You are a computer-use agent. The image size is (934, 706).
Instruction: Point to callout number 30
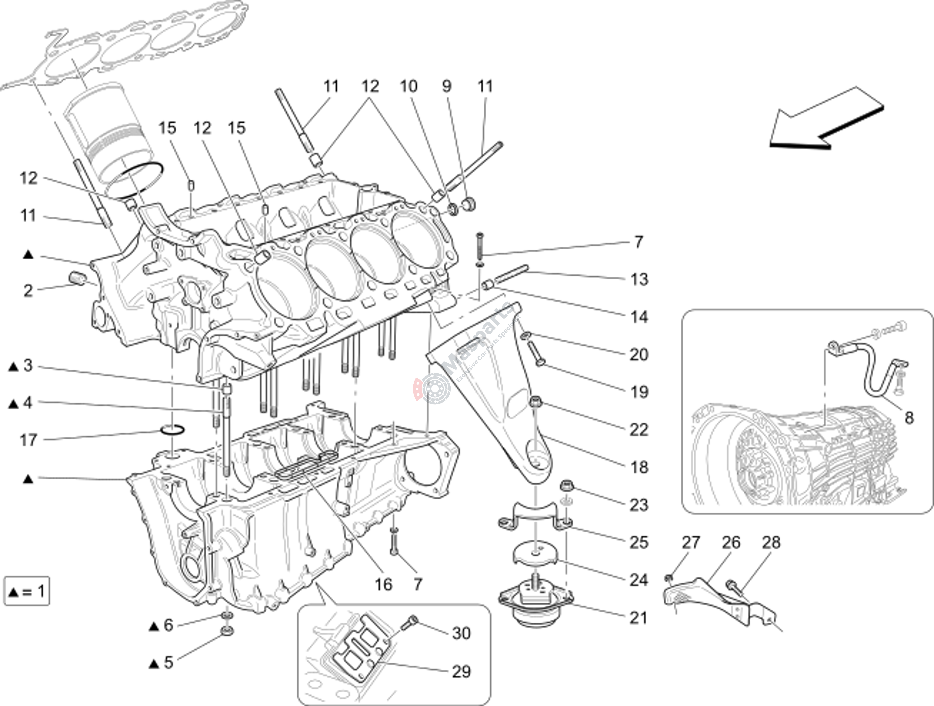461,633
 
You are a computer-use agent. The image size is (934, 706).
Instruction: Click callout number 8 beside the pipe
909,418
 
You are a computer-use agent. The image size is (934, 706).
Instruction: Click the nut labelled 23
566,486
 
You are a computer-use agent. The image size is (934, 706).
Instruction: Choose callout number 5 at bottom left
168,662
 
